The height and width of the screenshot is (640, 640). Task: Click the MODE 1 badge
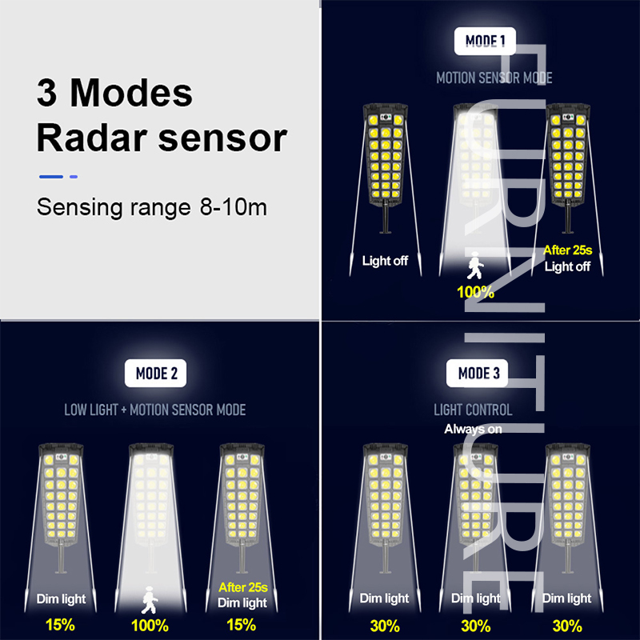[485, 41]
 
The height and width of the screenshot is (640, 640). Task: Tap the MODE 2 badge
[155, 373]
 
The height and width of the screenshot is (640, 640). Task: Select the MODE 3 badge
[477, 373]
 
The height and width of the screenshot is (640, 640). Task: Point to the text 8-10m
[233, 207]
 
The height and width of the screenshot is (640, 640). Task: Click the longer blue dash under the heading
[51, 177]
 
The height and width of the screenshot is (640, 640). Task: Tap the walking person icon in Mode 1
[474, 266]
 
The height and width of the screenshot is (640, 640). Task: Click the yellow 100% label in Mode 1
[475, 292]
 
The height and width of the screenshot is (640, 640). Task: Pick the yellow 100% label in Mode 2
[150, 626]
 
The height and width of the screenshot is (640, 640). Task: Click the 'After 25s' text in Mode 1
[568, 250]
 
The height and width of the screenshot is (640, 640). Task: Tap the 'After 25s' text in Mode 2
[243, 587]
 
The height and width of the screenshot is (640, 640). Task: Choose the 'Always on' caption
[473, 429]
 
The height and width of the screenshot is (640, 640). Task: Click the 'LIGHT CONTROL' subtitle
[473, 410]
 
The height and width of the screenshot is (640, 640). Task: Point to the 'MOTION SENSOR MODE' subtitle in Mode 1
[494, 78]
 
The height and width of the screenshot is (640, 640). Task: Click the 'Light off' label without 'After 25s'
[385, 261]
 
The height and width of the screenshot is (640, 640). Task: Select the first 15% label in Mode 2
[60, 625]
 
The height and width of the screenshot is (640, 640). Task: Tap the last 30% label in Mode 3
[567, 626]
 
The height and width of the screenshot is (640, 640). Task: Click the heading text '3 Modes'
[114, 93]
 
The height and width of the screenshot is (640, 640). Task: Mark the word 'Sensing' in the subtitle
[79, 207]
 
